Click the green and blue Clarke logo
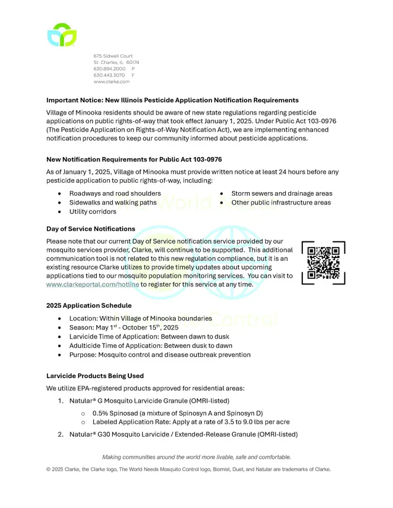[x=62, y=35]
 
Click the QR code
[x=323, y=263]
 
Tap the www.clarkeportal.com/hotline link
[x=92, y=285]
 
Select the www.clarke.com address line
[x=112, y=82]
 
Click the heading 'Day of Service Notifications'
[x=91, y=229]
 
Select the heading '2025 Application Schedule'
[x=89, y=305]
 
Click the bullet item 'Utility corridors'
[x=93, y=212]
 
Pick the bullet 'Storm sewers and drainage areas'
[x=281, y=193]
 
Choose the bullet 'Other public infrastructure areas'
[x=281, y=203]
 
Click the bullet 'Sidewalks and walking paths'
[x=113, y=203]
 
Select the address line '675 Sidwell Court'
[x=113, y=56]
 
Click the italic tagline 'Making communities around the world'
[x=196, y=457]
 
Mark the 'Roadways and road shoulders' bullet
[x=115, y=193]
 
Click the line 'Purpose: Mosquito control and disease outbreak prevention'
[x=160, y=355]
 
